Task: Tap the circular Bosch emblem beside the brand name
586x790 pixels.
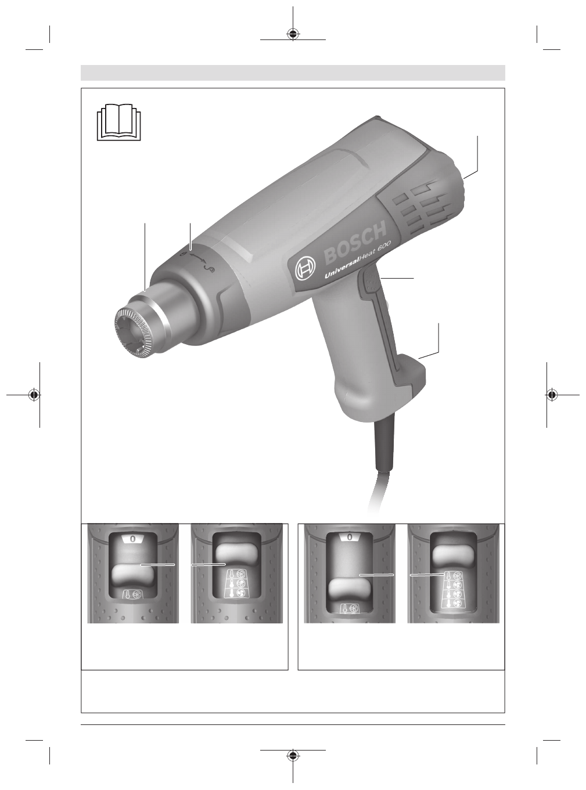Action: (305, 267)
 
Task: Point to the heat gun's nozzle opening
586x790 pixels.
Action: (132, 333)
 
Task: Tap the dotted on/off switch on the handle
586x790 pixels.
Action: (371, 282)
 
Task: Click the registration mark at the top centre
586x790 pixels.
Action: (293, 34)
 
